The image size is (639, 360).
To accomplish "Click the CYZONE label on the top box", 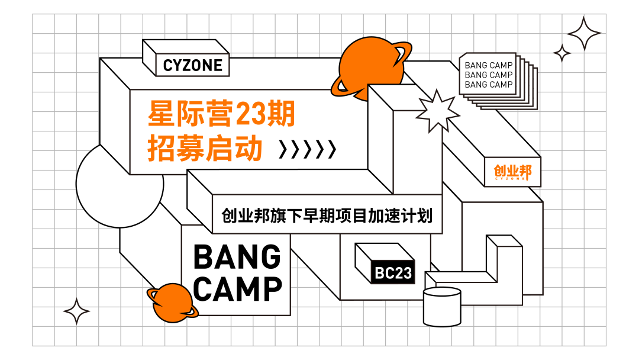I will click(193, 65).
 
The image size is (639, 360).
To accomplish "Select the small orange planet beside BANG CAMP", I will click(173, 301).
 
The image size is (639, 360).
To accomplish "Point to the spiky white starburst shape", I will click(438, 111).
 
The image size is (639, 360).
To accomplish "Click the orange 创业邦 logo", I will click(512, 172).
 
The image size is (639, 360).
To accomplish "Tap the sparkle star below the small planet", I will click(76, 311).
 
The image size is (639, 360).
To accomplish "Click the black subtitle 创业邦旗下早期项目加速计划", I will click(327, 215).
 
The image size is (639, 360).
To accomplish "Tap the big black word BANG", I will click(237, 258).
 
